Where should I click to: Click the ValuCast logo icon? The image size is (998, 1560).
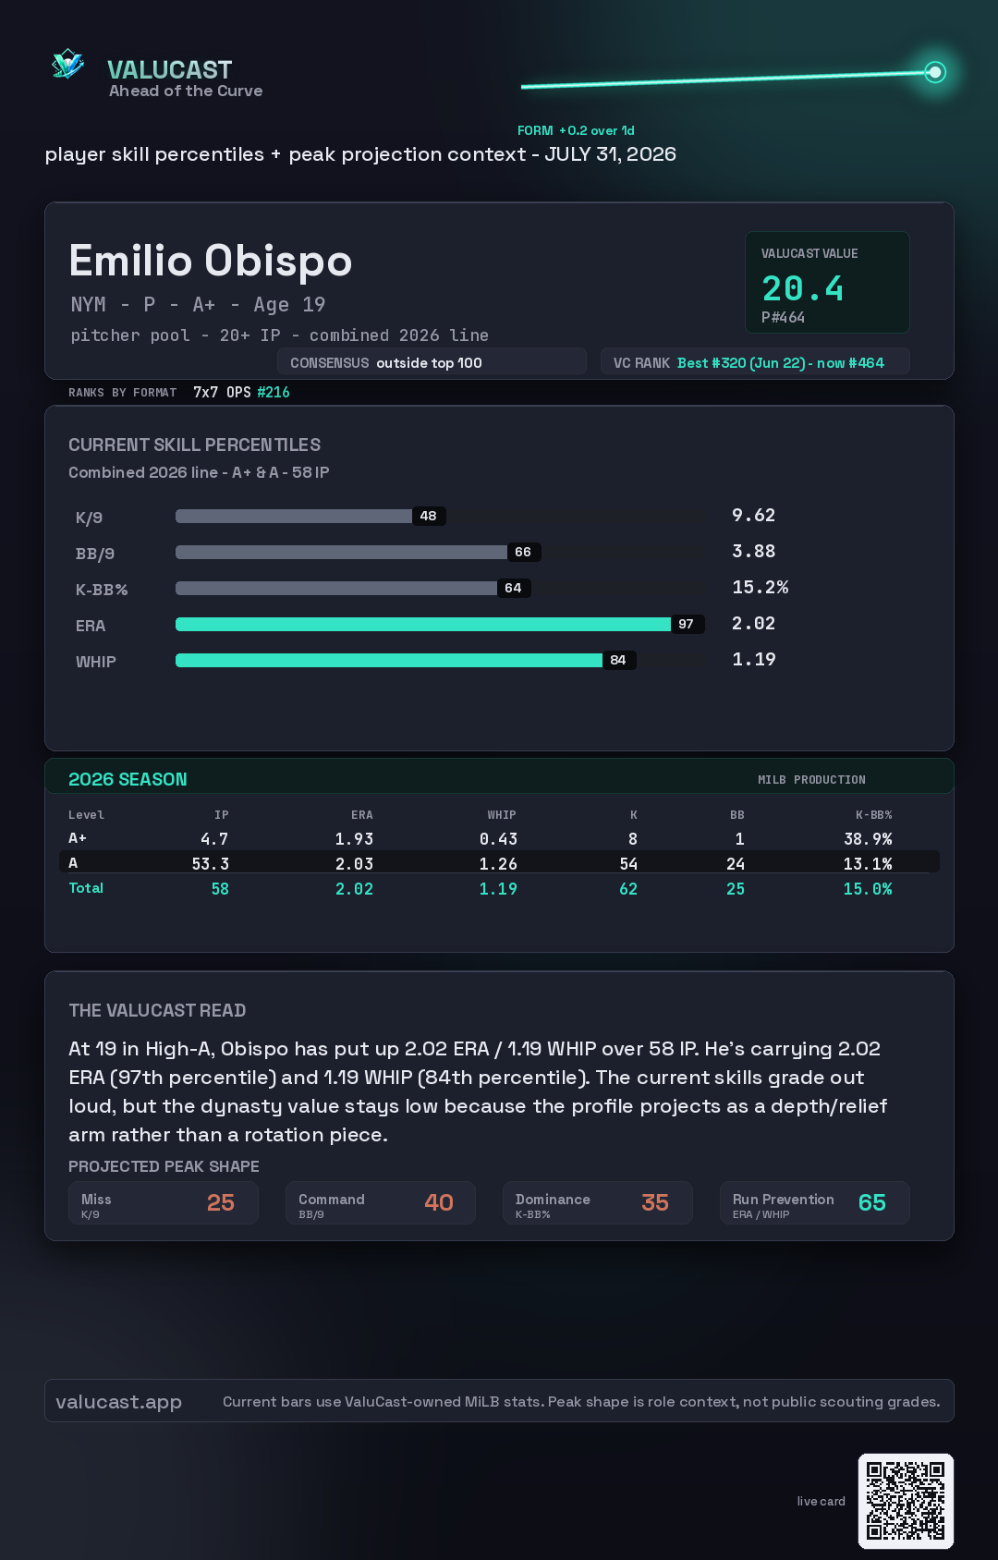[x=68, y=64]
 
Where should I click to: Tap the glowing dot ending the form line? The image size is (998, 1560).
[x=934, y=72]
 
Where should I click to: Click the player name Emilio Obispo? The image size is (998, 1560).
[x=211, y=261]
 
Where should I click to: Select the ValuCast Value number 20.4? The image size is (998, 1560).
[x=802, y=288]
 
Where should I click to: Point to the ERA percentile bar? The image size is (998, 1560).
[x=422, y=624]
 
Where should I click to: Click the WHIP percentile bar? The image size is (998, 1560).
[x=389, y=660]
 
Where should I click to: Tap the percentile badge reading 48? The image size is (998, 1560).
[x=429, y=516]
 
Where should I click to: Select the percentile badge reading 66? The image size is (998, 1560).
[x=523, y=553]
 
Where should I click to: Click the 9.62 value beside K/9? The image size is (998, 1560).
[x=753, y=516]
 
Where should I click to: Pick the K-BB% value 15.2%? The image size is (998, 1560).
[x=760, y=588]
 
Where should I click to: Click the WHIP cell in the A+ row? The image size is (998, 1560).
[x=498, y=839]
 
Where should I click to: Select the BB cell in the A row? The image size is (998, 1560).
[x=736, y=864]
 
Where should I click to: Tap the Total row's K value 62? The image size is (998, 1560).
[x=628, y=889]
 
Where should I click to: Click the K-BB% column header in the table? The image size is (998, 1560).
[x=874, y=815]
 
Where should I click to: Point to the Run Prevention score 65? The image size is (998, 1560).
[x=872, y=1202]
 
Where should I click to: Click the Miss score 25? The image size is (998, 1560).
[x=221, y=1202]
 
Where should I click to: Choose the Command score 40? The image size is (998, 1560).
[x=439, y=1202]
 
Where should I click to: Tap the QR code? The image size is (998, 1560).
[x=906, y=1501]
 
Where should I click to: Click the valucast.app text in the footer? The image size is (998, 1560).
[x=118, y=1402]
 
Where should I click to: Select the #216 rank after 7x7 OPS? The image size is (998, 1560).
[x=273, y=392]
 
